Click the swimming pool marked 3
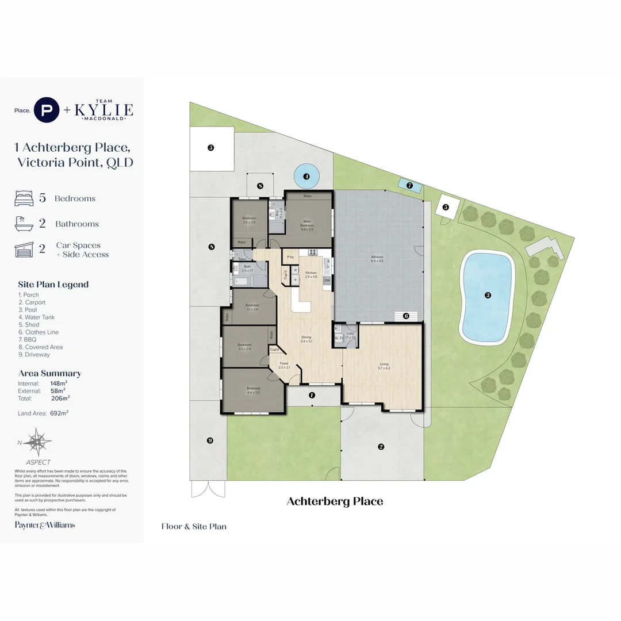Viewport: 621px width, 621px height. coord(487,296)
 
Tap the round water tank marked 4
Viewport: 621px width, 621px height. coord(306,177)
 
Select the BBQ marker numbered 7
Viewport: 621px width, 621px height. coord(409,185)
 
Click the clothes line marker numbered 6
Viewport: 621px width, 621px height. coord(406,316)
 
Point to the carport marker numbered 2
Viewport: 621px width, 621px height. coord(381,446)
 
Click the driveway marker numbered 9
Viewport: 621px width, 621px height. coord(210,440)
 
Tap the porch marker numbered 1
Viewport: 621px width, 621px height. coord(312,395)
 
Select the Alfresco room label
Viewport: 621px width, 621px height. coord(377,259)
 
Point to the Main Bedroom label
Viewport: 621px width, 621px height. coord(307,225)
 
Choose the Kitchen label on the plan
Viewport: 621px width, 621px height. coord(310,273)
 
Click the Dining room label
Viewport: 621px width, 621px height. coord(306,339)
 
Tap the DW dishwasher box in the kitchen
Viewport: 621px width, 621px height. coord(327,280)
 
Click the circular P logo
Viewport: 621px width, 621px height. coord(47,110)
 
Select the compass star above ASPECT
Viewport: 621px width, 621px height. coord(39,442)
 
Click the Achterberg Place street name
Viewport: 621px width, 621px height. coord(335,501)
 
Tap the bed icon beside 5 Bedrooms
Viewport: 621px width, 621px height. coord(24,198)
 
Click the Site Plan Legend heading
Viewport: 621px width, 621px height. coord(53,284)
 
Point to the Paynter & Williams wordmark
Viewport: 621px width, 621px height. coord(45,524)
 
